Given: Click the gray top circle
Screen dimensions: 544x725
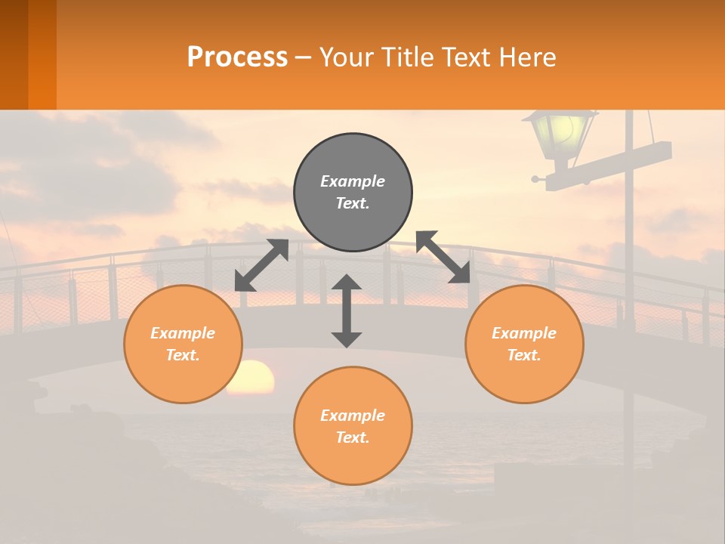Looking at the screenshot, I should [353, 193].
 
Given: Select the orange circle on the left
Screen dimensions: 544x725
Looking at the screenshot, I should [183, 344].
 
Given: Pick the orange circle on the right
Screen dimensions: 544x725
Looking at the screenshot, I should [524, 344].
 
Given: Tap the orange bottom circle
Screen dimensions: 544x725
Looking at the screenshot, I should [353, 426].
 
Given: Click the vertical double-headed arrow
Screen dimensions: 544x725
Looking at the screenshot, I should [347, 311].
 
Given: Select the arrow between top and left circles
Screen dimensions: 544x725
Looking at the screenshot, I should [261, 265].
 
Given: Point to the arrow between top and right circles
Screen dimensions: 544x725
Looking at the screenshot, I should [443, 258].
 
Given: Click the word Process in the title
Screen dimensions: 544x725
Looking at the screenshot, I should [237, 57].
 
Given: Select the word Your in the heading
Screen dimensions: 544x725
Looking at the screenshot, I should [344, 57].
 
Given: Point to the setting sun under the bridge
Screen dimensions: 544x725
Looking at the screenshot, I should [251, 377].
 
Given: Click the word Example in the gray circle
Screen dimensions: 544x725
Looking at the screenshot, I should [353, 181].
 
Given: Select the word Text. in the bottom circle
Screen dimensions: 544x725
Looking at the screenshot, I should [353, 437].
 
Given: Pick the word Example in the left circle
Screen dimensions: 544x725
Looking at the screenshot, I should [183, 333].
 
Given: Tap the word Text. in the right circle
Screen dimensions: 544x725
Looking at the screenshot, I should [524, 355].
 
